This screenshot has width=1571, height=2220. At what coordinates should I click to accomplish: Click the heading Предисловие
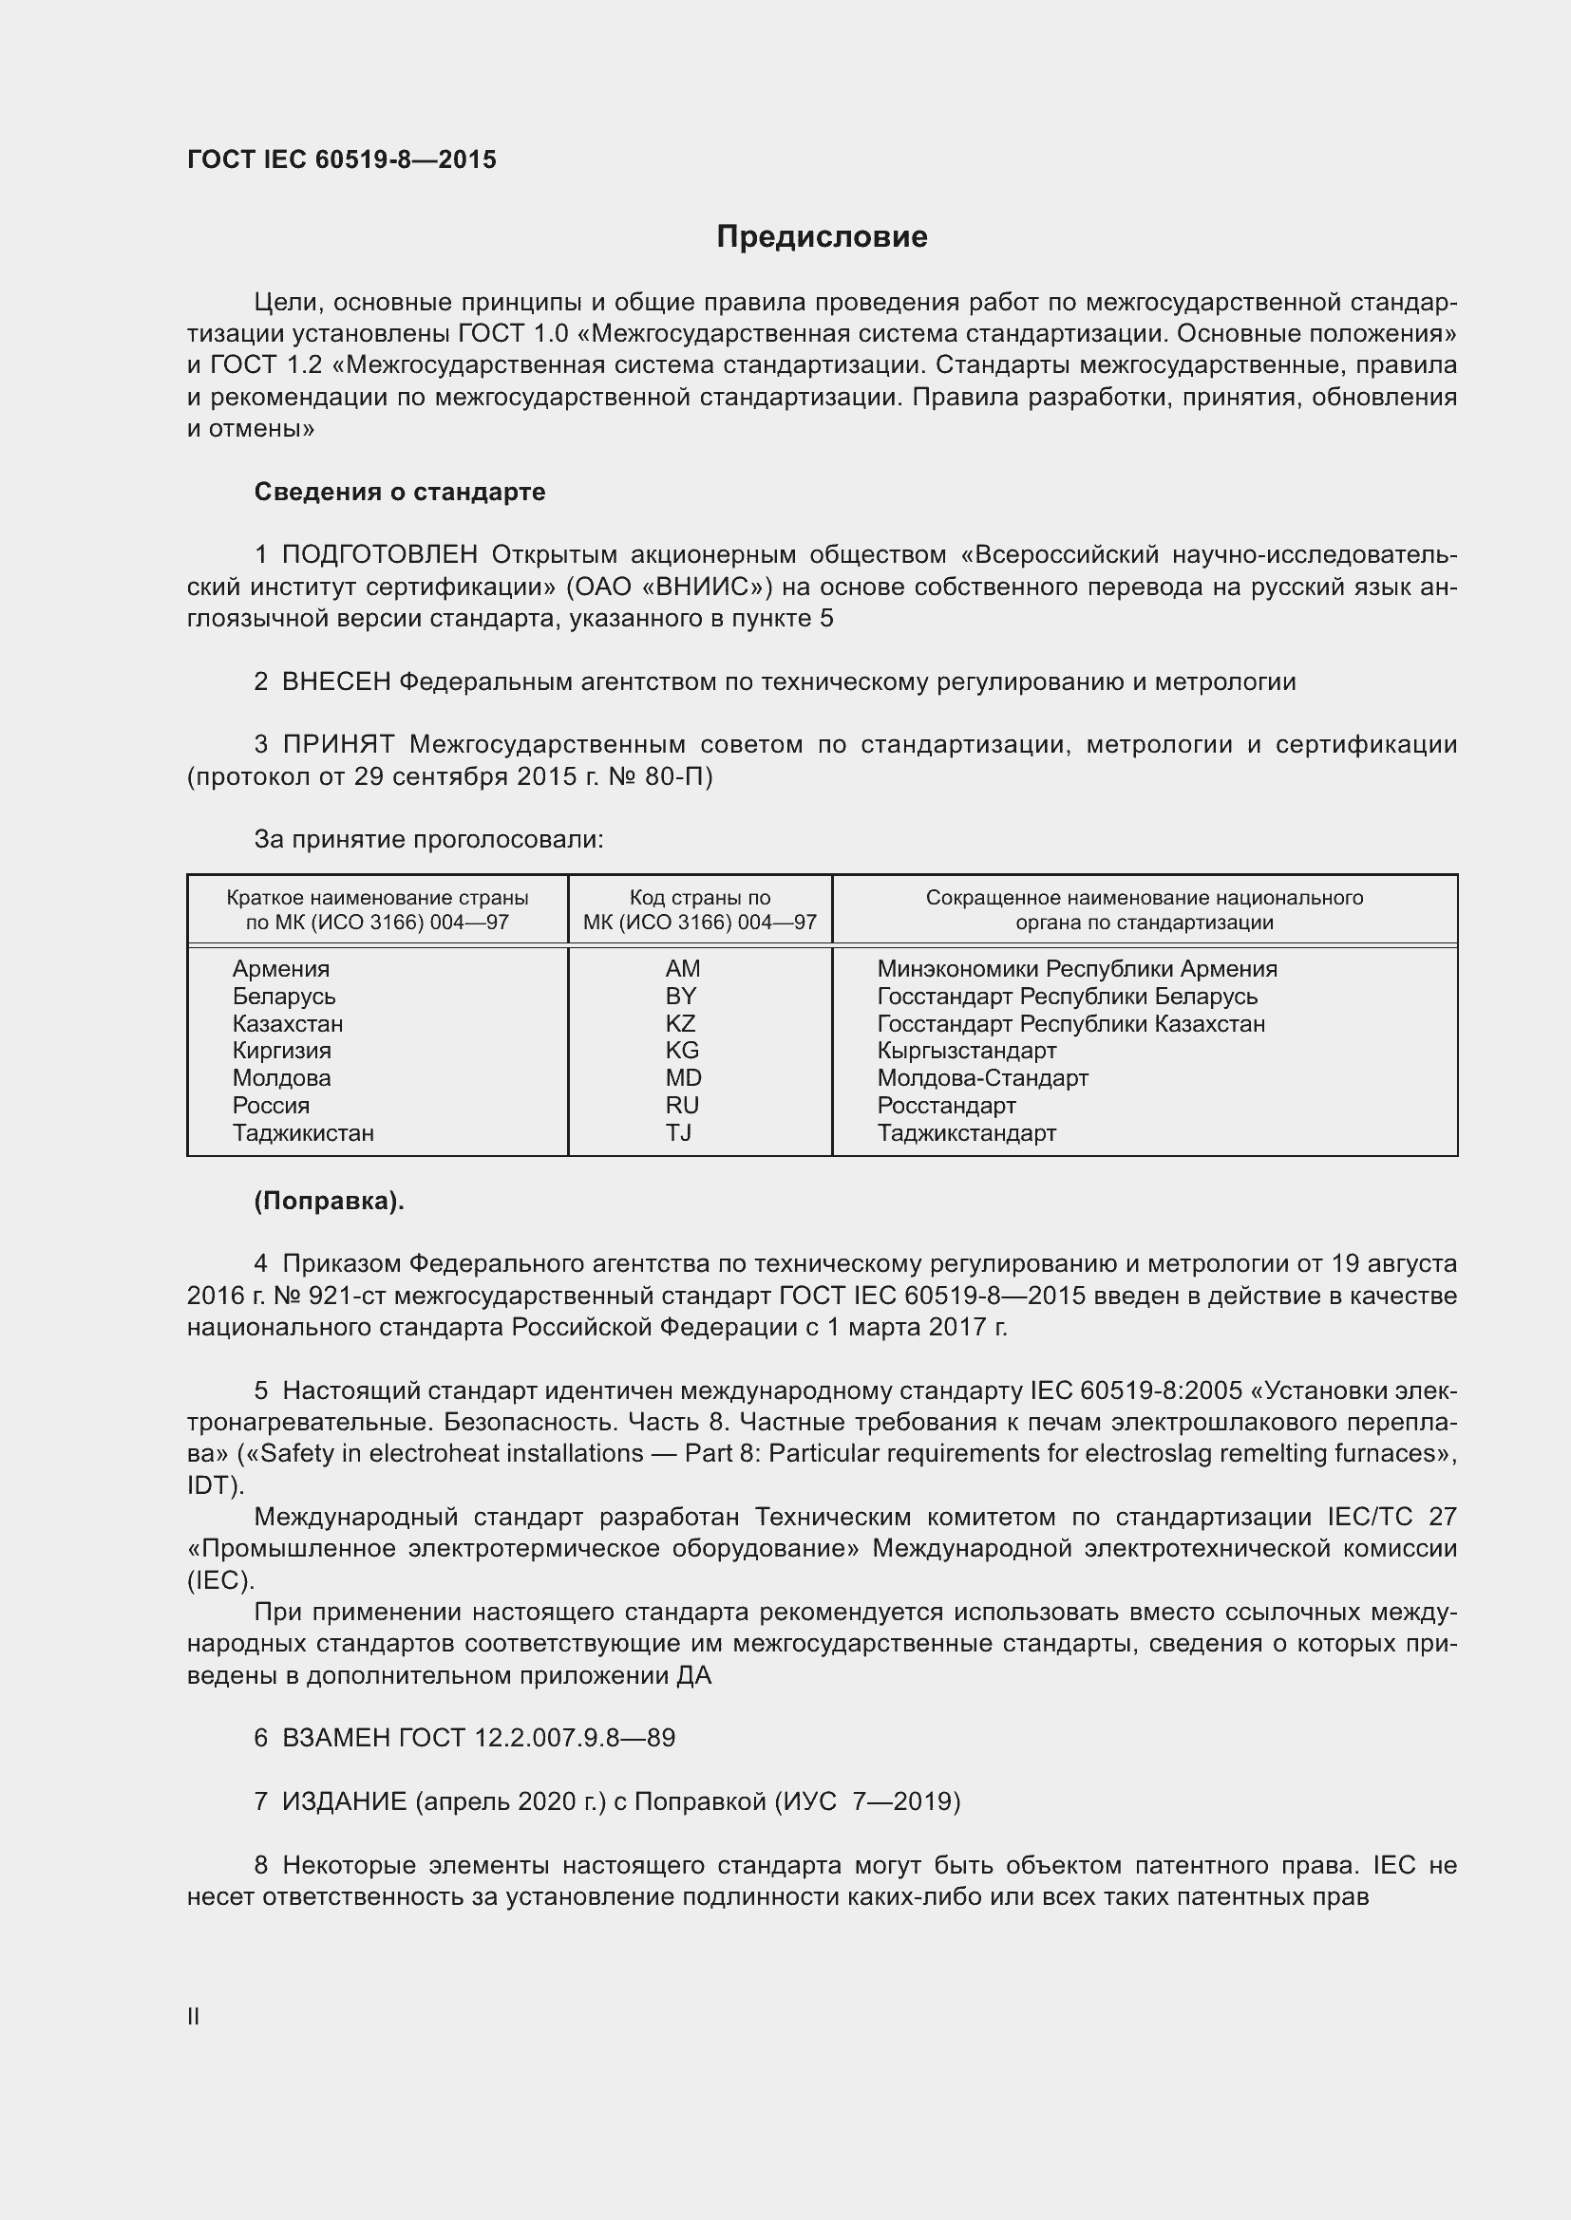(822, 237)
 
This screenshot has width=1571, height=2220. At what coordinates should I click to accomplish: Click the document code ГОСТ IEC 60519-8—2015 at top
(342, 159)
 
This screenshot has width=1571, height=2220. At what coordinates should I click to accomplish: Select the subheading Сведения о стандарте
(400, 493)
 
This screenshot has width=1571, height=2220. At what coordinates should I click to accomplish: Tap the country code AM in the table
(683, 969)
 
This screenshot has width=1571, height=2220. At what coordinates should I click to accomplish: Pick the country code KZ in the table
(680, 1023)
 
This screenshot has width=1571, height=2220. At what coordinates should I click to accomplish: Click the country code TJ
(678, 1132)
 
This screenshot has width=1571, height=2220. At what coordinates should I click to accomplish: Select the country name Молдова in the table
(281, 1078)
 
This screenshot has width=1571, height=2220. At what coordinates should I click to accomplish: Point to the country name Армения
(280, 969)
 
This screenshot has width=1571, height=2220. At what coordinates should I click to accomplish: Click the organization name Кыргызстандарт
(966, 1050)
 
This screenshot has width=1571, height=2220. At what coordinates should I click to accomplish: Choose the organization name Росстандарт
(946, 1105)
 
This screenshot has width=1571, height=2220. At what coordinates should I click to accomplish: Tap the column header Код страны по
(699, 897)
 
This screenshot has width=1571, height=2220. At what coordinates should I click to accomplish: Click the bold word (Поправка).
(329, 1201)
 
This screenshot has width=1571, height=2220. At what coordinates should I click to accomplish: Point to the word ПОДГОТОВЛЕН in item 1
(379, 555)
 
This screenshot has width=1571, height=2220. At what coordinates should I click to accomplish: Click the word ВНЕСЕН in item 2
(335, 681)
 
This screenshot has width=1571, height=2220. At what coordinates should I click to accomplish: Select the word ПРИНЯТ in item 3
(338, 744)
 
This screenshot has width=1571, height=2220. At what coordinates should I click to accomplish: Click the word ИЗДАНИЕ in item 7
(345, 1801)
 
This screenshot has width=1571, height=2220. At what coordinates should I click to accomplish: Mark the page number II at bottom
(194, 2016)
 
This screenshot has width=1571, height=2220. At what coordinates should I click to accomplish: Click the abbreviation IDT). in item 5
(216, 1485)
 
